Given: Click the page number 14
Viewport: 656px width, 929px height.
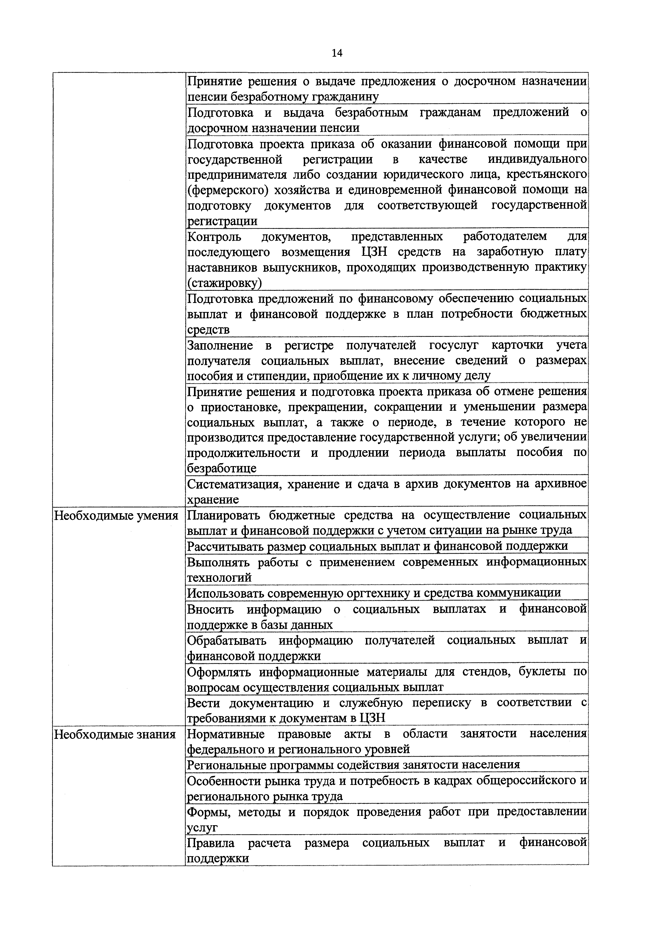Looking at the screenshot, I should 337,53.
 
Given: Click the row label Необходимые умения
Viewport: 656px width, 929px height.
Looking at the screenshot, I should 116,516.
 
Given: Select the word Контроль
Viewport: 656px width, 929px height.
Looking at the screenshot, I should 214,236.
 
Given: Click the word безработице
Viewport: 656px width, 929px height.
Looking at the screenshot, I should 222,468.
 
